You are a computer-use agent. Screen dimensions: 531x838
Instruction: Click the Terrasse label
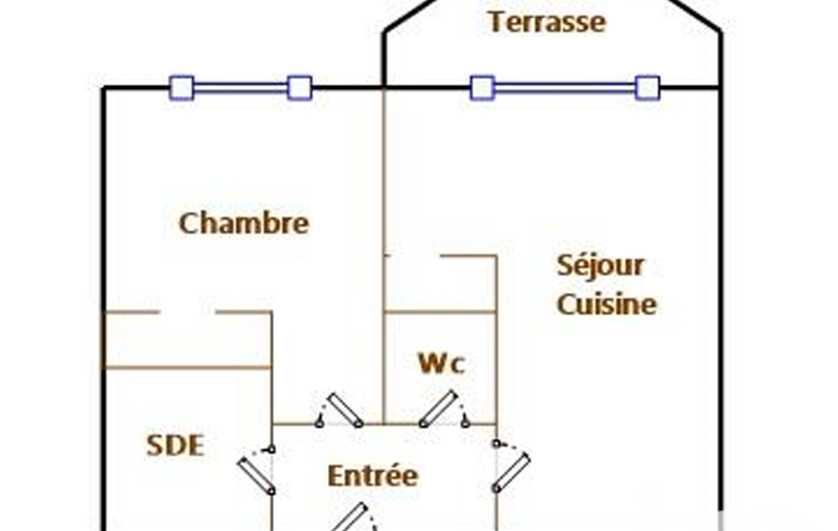click(x=546, y=22)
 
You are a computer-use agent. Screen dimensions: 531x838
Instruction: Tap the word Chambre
click(x=244, y=223)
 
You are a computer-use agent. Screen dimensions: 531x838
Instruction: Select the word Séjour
click(x=600, y=265)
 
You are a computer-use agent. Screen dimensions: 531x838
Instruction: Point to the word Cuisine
click(x=607, y=304)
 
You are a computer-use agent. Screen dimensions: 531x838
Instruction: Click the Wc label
click(x=441, y=364)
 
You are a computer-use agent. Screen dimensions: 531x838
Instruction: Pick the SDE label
click(x=175, y=445)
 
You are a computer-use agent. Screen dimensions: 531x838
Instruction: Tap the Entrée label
click(x=373, y=475)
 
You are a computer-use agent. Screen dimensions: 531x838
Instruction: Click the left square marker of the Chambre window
click(x=181, y=87)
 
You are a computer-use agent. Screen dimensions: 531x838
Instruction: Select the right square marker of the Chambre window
click(x=300, y=87)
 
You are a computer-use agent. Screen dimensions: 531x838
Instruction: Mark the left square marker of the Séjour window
click(x=482, y=87)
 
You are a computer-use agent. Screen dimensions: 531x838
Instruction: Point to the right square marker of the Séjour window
click(x=648, y=87)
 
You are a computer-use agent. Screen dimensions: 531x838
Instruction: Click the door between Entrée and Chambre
click(x=344, y=410)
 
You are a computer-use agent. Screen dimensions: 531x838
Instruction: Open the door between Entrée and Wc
click(x=439, y=408)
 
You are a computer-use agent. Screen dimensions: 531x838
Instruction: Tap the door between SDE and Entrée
click(x=256, y=475)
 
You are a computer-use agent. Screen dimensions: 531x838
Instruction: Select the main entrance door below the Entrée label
click(x=349, y=517)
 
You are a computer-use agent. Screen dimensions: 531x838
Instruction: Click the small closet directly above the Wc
click(x=440, y=283)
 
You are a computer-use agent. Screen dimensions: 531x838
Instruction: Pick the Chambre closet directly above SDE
click(x=187, y=340)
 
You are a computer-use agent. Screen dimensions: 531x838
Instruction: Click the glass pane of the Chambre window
click(x=240, y=87)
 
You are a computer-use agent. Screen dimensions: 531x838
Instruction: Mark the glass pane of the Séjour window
click(x=565, y=87)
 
